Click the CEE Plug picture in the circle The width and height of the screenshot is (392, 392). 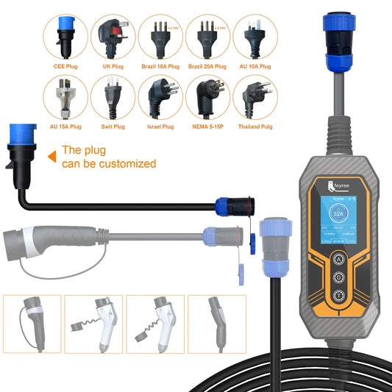click(x=65, y=36)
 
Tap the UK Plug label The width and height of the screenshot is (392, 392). click(x=113, y=66)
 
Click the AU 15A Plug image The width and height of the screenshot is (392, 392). click(x=65, y=96)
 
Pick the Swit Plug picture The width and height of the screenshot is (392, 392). click(x=113, y=96)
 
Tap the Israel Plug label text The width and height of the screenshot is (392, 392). click(x=161, y=126)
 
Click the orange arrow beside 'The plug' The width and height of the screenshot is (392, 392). click(x=52, y=157)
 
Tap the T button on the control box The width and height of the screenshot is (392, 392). click(x=338, y=296)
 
